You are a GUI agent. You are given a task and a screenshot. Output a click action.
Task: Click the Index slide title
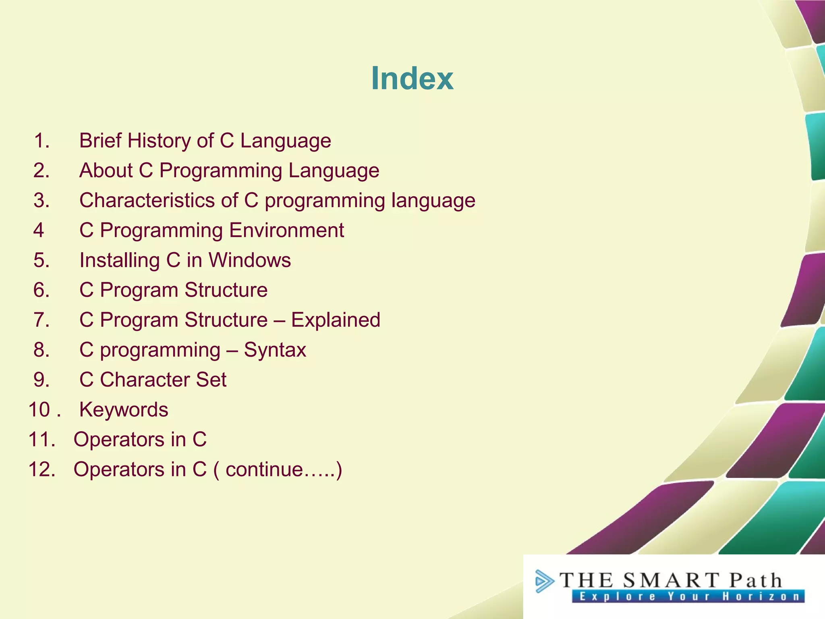pos(412,78)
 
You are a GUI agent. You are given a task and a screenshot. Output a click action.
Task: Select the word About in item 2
pos(106,170)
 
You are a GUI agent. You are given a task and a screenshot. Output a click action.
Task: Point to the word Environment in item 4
pos(286,230)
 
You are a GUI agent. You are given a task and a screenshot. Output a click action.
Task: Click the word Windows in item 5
pos(250,260)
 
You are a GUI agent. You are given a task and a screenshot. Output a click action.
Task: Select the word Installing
pos(120,260)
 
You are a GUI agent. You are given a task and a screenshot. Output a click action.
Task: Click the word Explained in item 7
pos(336,320)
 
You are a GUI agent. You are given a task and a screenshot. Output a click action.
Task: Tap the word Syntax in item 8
pos(275,350)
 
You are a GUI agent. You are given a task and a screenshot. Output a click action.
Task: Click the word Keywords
pos(124,409)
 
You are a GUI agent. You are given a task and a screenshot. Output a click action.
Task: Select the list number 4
pos(39,230)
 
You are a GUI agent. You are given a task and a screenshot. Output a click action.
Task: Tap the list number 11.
pos(41,439)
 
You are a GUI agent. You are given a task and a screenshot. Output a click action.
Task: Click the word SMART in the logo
pos(670,580)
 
